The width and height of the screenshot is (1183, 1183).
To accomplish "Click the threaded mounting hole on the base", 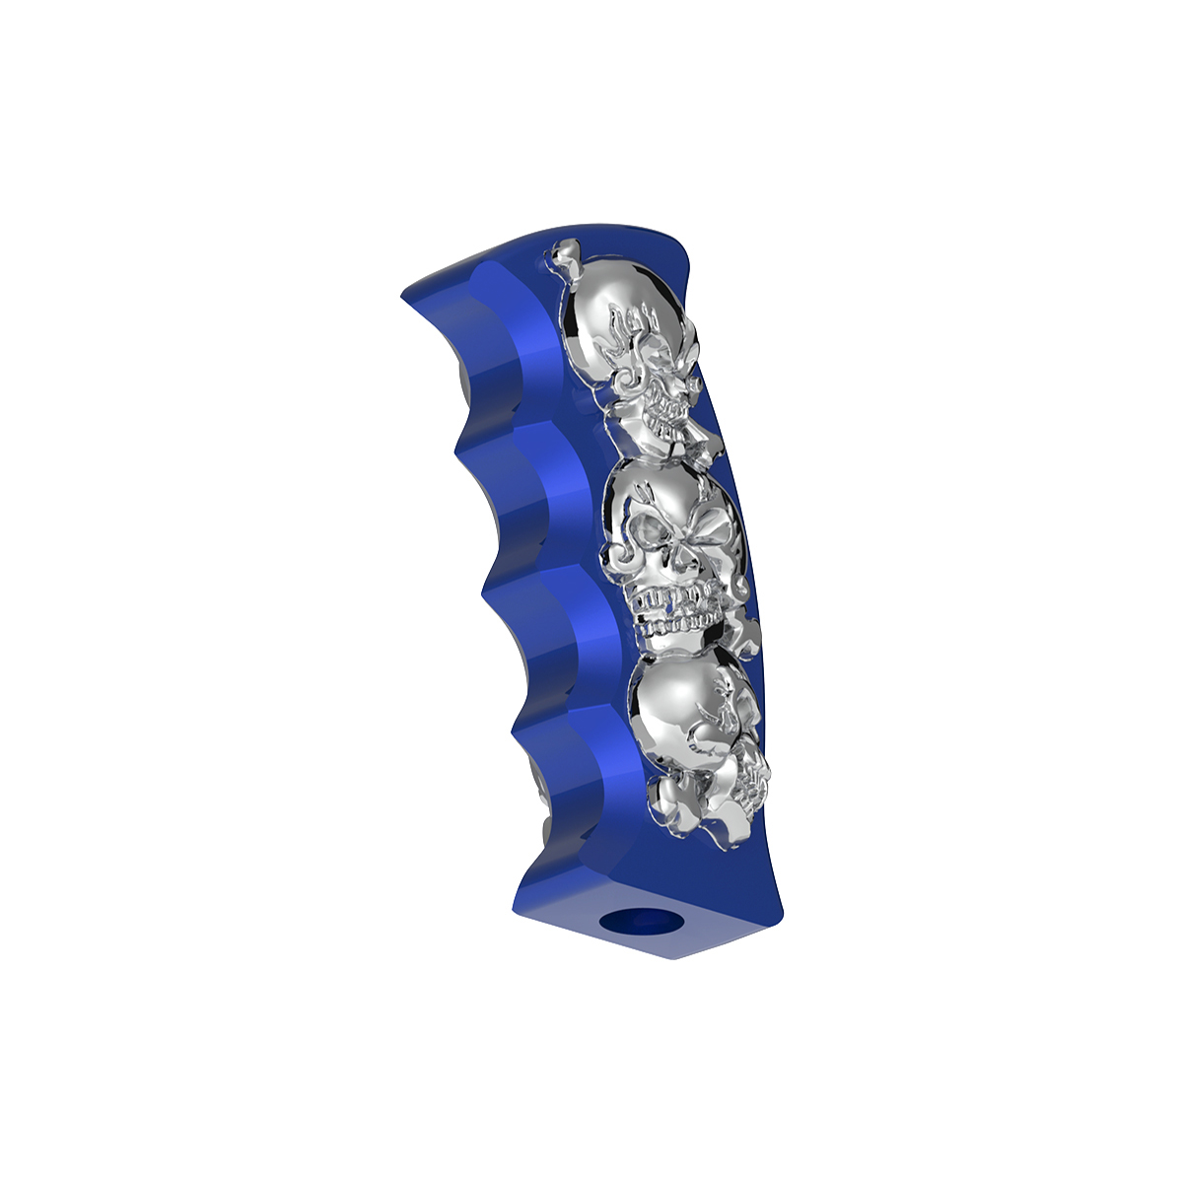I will click(642, 923).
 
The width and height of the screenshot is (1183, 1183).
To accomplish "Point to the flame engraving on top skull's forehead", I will click(636, 320).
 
